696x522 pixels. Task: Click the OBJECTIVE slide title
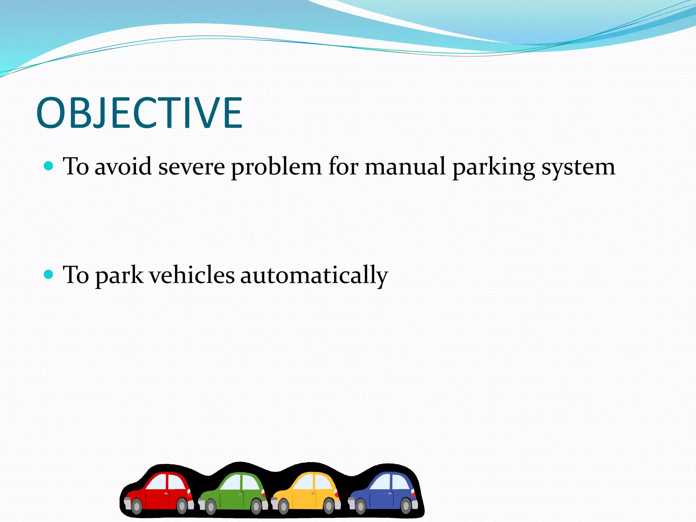click(139, 113)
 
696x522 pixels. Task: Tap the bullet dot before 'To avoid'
click(49, 166)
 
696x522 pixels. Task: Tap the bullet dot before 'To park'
click(49, 275)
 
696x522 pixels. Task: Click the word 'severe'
click(191, 167)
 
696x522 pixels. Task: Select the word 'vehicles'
click(192, 275)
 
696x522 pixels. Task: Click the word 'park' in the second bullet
click(119, 276)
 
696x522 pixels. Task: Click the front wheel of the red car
click(136, 507)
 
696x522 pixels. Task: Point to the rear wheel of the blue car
click(406, 506)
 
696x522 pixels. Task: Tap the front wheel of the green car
click(211, 507)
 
